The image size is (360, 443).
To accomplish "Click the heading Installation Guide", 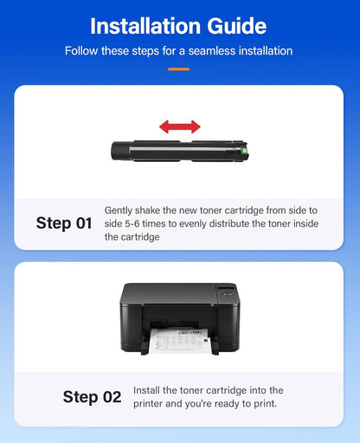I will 179,25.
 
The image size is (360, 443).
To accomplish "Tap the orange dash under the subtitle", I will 179,68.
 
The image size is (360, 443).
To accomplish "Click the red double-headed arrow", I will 179,127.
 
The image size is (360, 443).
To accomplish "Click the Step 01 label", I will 64,223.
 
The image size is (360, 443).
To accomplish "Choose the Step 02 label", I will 92,397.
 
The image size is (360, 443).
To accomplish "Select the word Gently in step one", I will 120,210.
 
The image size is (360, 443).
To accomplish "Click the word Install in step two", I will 148,391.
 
